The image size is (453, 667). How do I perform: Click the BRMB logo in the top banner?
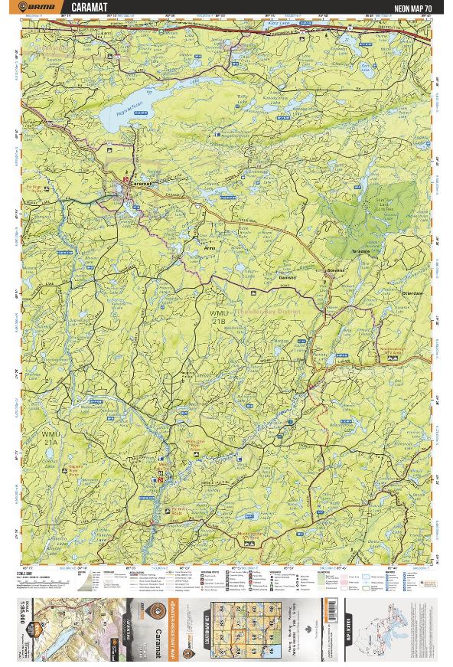point(39,8)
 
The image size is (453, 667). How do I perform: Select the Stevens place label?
point(336,270)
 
